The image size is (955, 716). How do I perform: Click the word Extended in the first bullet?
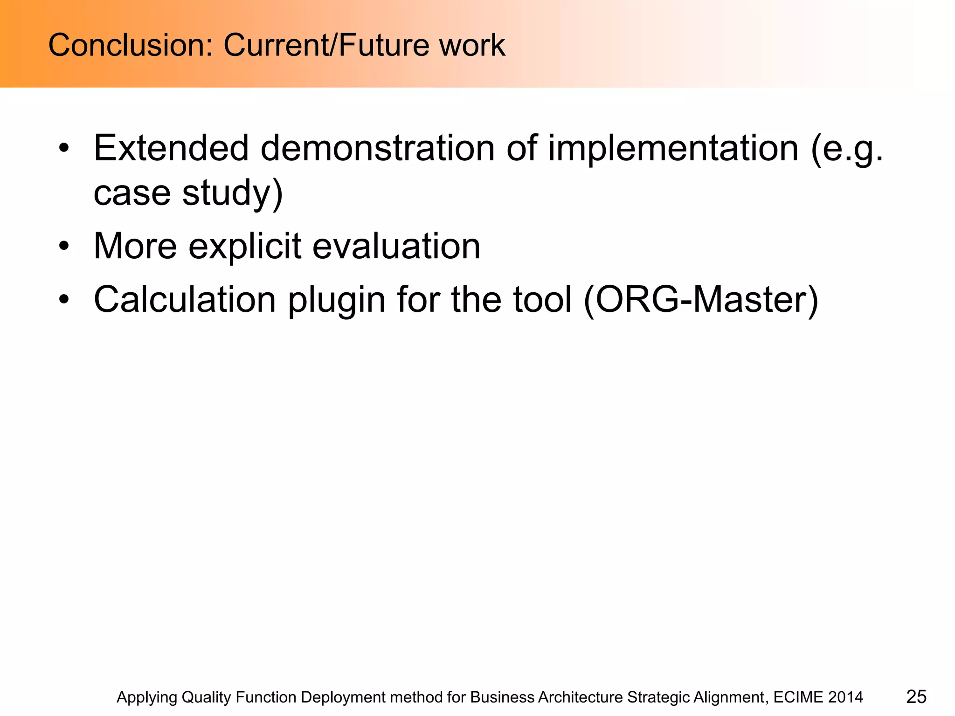click(171, 148)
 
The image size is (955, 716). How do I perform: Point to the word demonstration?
click(377, 148)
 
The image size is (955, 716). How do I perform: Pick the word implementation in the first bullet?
click(673, 148)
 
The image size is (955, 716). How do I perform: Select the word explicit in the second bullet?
click(244, 246)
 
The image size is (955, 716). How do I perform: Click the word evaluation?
click(396, 246)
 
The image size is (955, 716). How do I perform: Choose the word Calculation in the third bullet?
click(185, 299)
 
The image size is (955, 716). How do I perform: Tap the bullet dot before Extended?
click(64, 149)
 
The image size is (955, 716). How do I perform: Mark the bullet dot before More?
click(64, 246)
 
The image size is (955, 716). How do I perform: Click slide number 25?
click(916, 697)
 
